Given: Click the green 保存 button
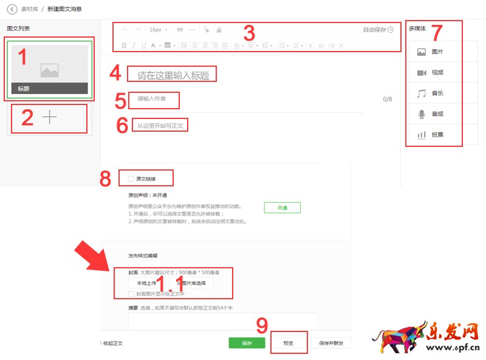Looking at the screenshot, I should [x=247, y=343].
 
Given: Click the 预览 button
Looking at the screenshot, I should [x=289, y=343].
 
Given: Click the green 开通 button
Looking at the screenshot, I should [x=282, y=208].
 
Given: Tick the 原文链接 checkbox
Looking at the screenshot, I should [x=131, y=178].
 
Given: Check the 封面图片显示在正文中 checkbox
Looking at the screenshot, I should [x=131, y=294].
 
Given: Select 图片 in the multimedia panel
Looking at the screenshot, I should [x=434, y=52].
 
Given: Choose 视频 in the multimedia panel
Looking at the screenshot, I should [x=434, y=73].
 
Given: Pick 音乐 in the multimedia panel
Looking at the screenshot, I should [x=434, y=93].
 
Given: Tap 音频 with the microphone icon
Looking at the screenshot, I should [x=434, y=114].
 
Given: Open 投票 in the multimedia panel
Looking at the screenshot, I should [x=434, y=135].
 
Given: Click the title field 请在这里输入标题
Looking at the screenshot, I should [x=173, y=76].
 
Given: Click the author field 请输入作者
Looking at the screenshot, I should [x=151, y=98].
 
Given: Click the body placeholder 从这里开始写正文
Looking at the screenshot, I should [x=160, y=126].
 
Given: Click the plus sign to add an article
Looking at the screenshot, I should [x=49, y=118].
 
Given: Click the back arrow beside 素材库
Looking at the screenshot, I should [x=12, y=9].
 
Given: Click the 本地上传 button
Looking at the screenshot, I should [x=146, y=283].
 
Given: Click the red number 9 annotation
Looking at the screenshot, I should [x=262, y=326].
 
